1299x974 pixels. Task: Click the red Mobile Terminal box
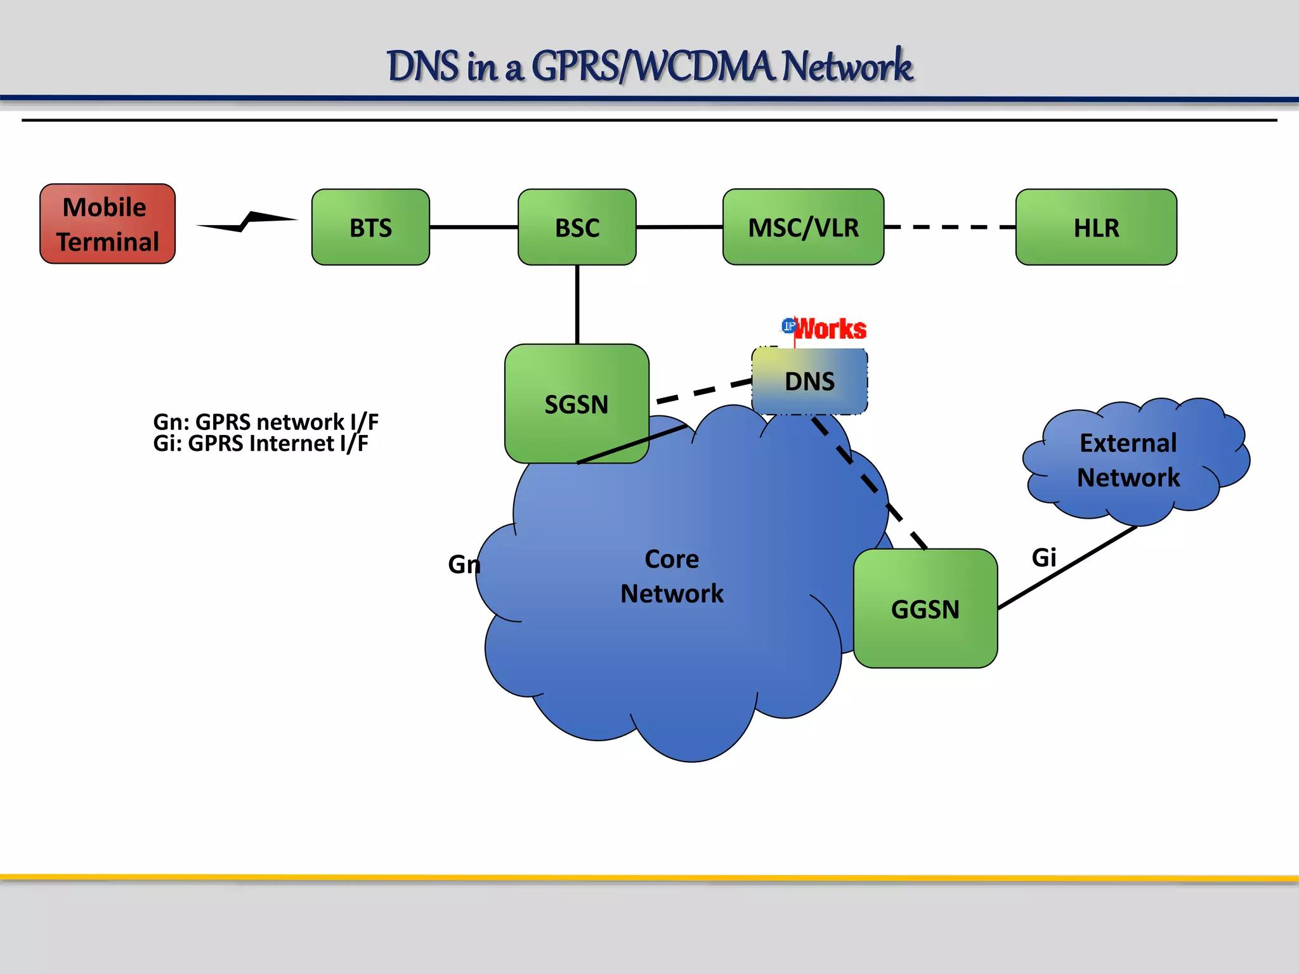[107, 224]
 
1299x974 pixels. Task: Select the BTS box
[370, 227]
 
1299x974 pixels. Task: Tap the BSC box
[577, 227]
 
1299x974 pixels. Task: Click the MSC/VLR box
[803, 227]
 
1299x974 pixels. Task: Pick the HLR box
[1096, 227]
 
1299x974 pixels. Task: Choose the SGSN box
[576, 404]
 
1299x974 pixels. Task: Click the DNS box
[809, 381]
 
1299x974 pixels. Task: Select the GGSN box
[925, 609]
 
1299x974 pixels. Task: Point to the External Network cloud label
[1128, 460]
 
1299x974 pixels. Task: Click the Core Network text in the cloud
[672, 576]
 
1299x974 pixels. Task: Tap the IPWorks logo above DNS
[824, 328]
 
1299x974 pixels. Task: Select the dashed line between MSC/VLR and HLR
[950, 227]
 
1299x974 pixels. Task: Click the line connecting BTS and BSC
[473, 227]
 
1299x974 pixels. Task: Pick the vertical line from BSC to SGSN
[577, 304]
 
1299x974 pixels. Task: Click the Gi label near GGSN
[1043, 557]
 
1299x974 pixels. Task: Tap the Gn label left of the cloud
[464, 564]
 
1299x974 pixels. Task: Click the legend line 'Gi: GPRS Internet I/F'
[260, 443]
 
